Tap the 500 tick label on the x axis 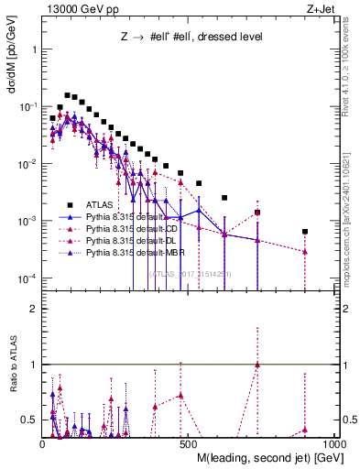coord(187,442)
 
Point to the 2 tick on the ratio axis coord(30,309)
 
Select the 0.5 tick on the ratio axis coord(27,420)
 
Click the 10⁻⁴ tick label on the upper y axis coord(25,278)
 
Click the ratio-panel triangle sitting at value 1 coord(257,365)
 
